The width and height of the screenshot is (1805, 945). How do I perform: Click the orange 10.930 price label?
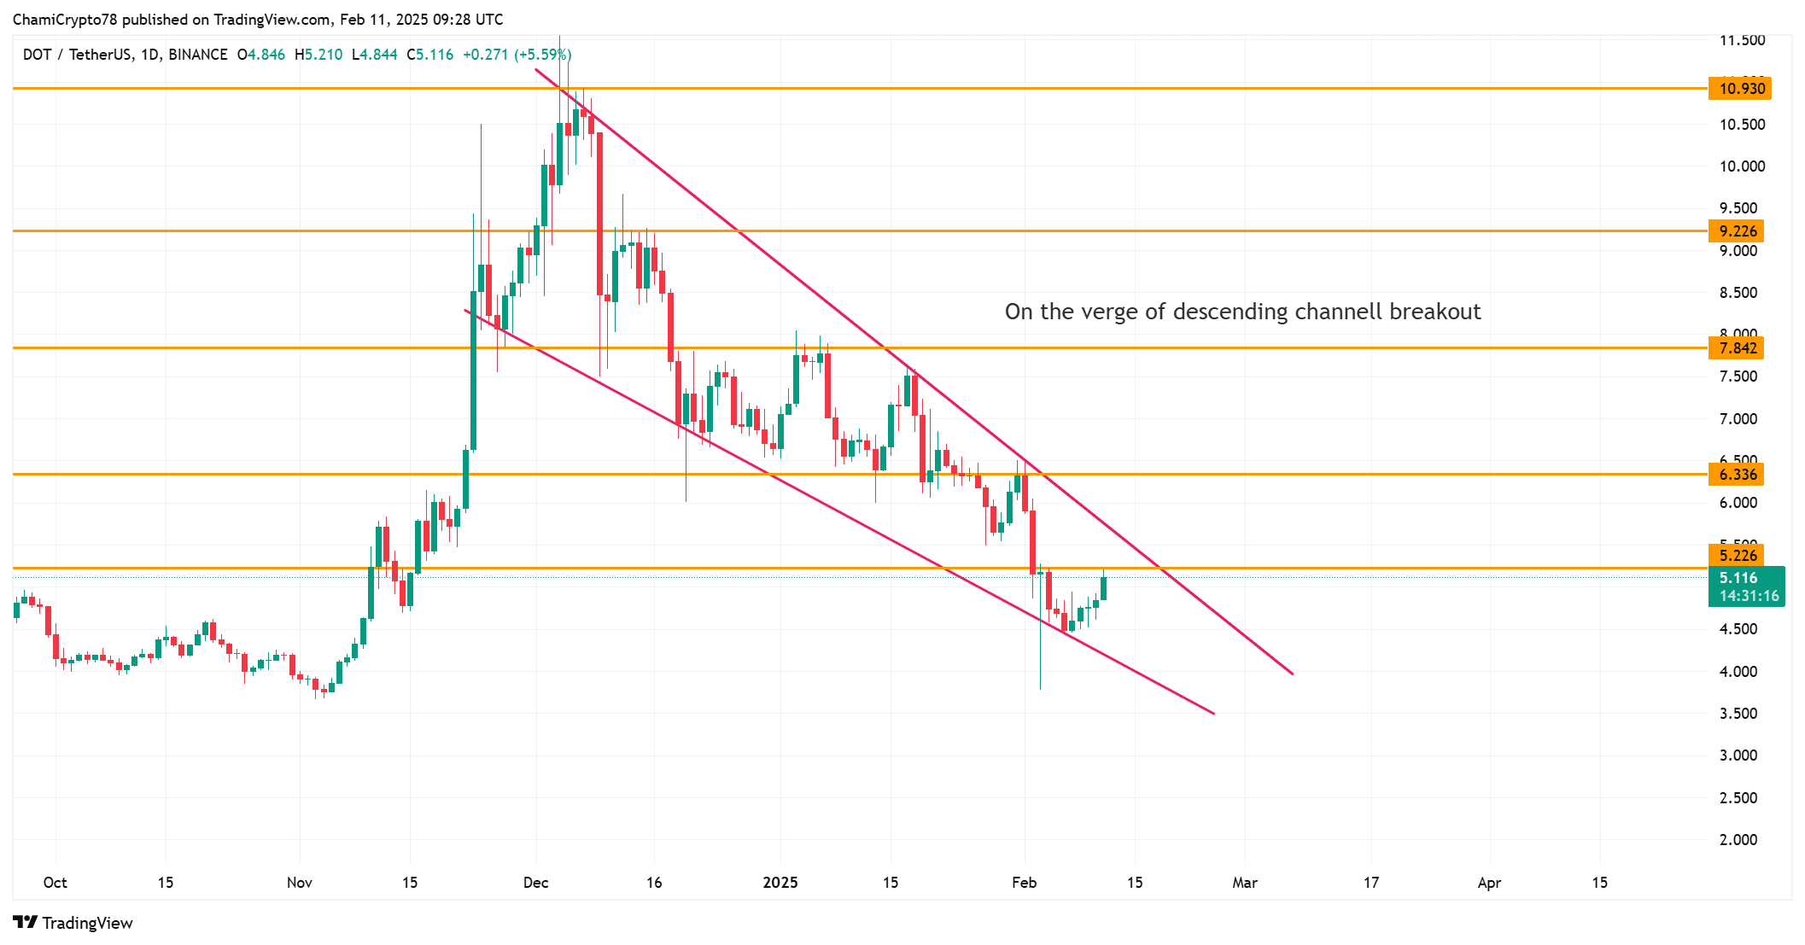1739,89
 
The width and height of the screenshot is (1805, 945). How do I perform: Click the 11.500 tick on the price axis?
1742,40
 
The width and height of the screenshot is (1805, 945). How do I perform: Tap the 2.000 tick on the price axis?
1738,840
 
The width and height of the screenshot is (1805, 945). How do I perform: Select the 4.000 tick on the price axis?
1738,672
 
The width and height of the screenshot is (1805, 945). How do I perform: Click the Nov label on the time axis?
300,883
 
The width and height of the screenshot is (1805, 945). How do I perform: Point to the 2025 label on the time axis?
780,883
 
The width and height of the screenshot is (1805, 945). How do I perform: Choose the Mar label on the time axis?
1245,883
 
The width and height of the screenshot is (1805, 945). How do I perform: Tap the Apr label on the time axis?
1489,883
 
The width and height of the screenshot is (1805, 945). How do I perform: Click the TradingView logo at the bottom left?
73,923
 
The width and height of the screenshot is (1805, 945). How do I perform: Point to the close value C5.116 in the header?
430,55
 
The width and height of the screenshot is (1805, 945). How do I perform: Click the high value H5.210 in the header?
318,55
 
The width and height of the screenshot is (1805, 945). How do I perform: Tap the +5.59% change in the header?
542,55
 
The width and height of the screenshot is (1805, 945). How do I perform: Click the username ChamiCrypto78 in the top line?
65,20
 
